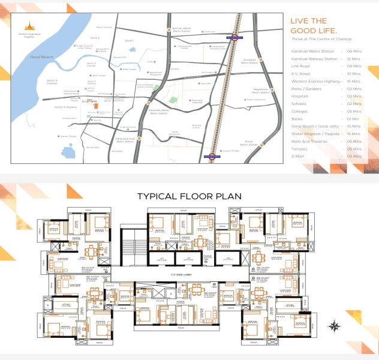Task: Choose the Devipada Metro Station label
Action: coord(249,61)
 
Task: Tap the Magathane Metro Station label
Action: coord(261,92)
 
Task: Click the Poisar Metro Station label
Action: coord(248,144)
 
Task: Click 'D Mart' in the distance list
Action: coord(298,155)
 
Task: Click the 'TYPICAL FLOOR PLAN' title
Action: coord(189,196)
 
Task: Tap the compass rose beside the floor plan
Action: coord(334,326)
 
